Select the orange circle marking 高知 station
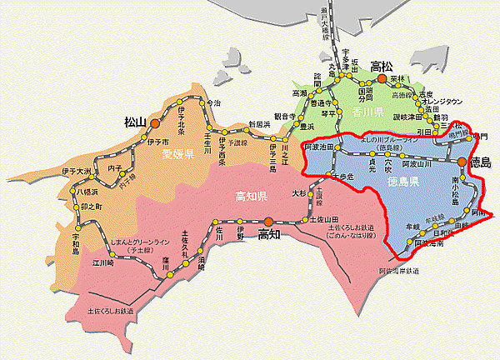point(257,221)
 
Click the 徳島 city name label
point(482,161)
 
